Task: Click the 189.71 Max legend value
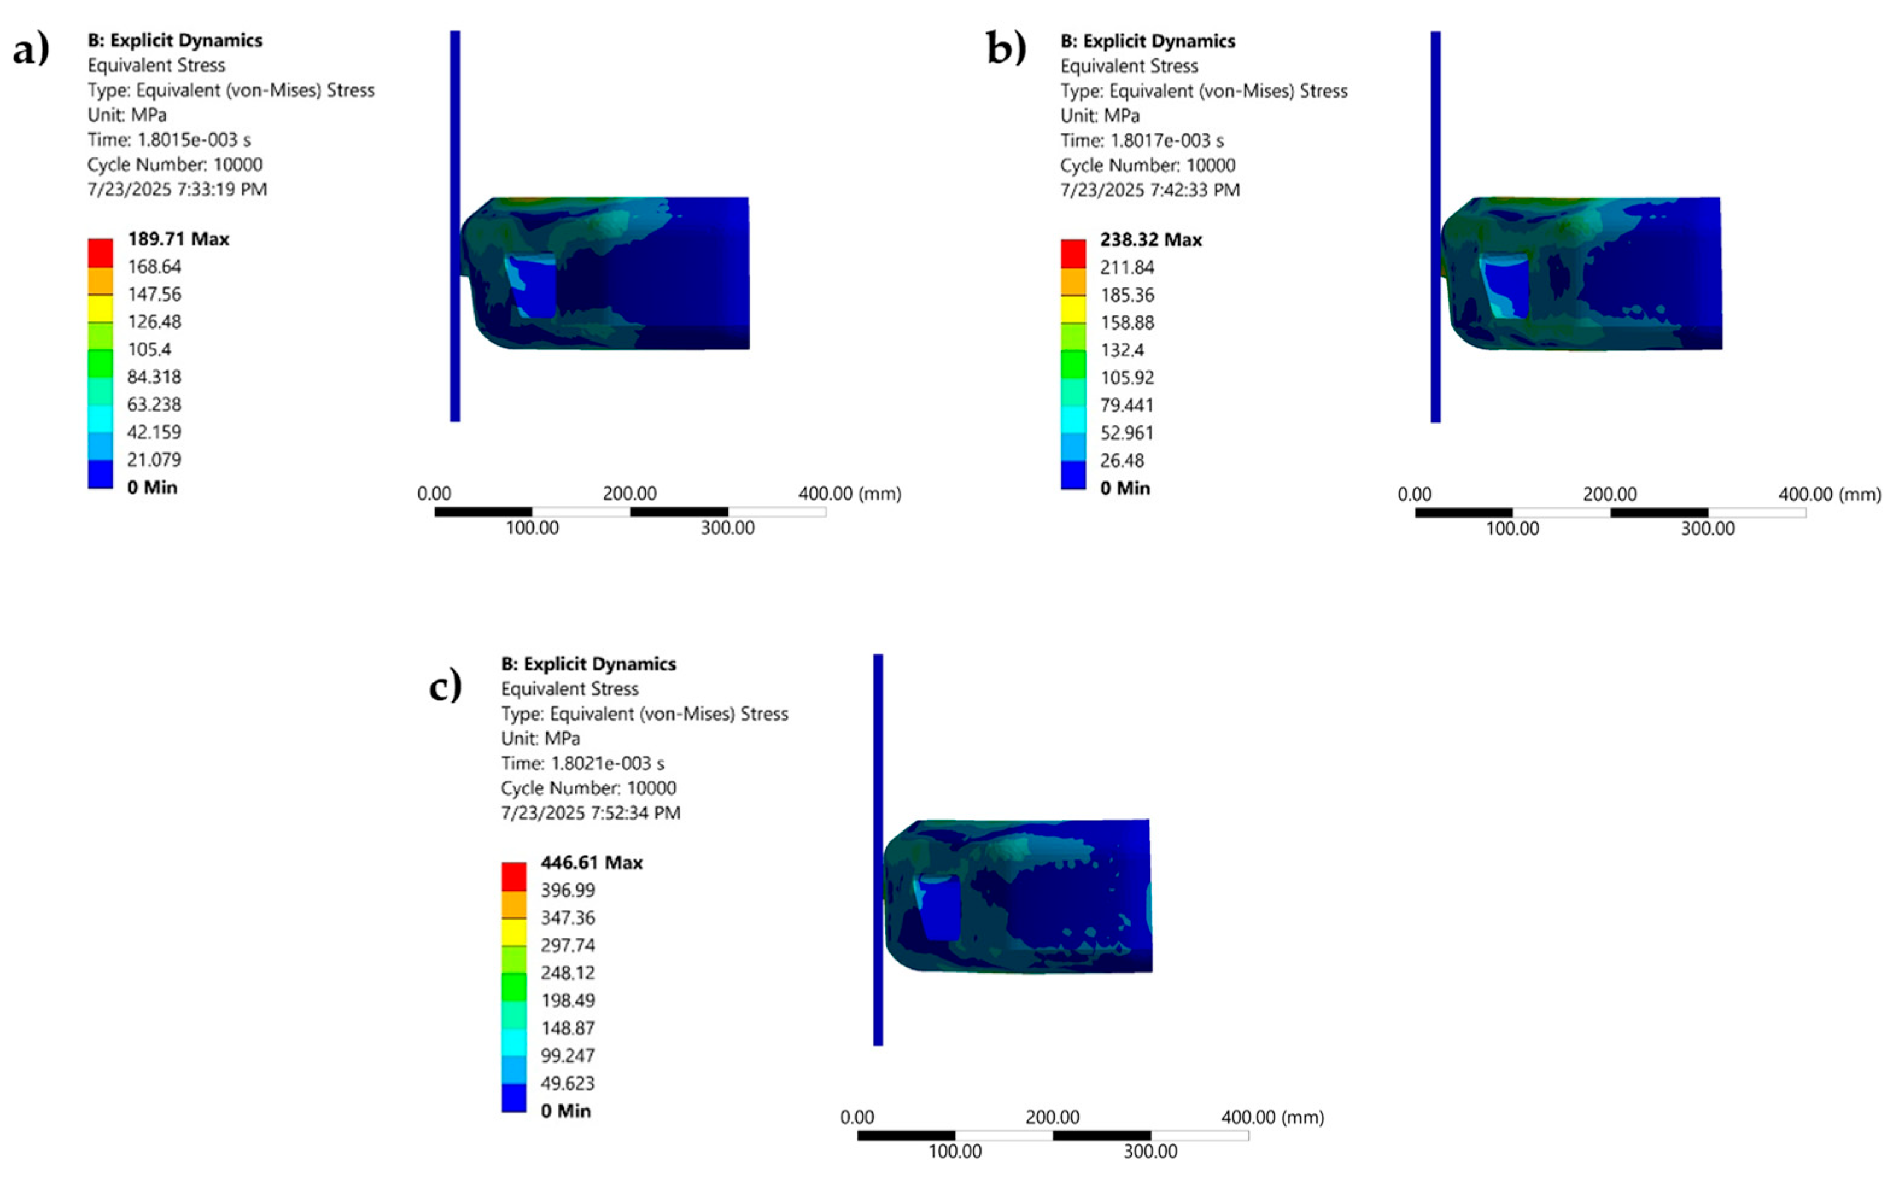click(x=178, y=239)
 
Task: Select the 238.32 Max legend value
click(x=1151, y=240)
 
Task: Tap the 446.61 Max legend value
click(x=592, y=862)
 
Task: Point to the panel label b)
click(x=1006, y=48)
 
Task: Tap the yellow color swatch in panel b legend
click(x=1073, y=309)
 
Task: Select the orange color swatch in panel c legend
click(x=514, y=904)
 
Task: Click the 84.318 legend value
click(x=154, y=377)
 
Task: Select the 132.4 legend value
click(x=1122, y=350)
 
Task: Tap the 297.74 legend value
click(x=567, y=945)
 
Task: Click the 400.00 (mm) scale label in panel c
click(x=1272, y=1117)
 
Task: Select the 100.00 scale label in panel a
click(x=532, y=528)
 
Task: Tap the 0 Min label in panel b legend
click(x=1125, y=488)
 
